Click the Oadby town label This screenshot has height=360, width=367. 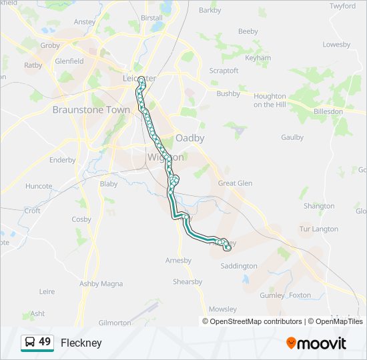click(x=190, y=138)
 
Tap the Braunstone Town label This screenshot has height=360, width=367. click(x=91, y=110)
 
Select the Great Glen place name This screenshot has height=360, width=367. click(x=236, y=183)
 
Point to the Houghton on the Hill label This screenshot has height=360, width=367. click(x=270, y=101)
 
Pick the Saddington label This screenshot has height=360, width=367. click(x=239, y=266)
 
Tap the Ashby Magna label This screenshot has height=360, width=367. click(x=101, y=283)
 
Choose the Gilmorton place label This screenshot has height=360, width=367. click(x=115, y=323)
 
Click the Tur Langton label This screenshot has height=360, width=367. click(x=319, y=229)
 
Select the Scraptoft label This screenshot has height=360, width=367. click(x=224, y=71)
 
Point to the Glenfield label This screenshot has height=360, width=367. click(x=69, y=61)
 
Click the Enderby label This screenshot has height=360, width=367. click(x=63, y=160)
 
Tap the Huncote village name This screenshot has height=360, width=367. click(x=39, y=187)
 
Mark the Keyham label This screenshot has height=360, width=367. click(x=258, y=58)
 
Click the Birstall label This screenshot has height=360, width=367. click(x=151, y=18)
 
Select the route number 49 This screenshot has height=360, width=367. click(x=45, y=342)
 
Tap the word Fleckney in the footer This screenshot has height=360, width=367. click(x=81, y=343)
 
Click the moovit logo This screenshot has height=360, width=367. click(x=316, y=343)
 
